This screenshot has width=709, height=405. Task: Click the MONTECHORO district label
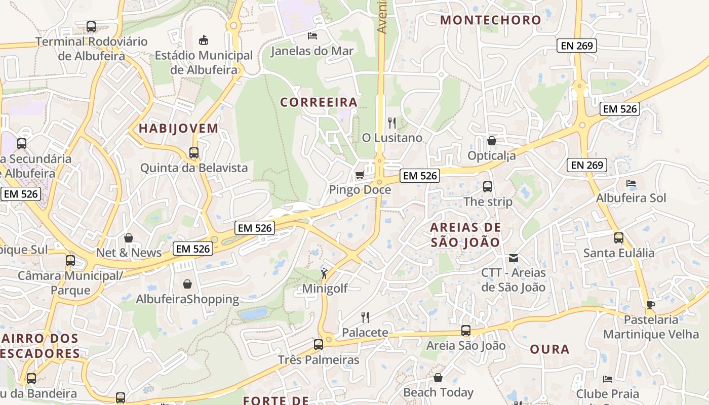click(490, 20)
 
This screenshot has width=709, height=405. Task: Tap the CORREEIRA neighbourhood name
click(319, 102)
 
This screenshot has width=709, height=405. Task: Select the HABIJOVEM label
click(179, 129)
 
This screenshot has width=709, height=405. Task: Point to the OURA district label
click(549, 349)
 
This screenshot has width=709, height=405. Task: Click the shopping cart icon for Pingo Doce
click(360, 175)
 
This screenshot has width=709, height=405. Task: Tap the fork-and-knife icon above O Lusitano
click(391, 123)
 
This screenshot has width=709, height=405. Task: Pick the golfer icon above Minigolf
click(324, 274)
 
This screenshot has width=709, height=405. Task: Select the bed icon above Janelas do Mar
click(312, 36)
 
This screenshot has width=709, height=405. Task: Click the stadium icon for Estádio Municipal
click(204, 40)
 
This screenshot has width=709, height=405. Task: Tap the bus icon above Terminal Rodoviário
click(91, 27)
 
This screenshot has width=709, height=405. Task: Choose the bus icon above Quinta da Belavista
click(193, 152)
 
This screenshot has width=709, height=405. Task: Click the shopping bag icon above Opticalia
click(491, 141)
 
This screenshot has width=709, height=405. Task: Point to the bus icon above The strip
click(488, 187)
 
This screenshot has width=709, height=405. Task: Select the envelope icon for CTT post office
click(514, 258)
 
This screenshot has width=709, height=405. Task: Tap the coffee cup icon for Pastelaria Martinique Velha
click(650, 305)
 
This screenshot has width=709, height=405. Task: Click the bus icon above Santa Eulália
click(618, 238)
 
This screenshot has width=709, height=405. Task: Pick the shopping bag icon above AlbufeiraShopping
click(187, 285)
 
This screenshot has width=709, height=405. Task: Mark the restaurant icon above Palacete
click(365, 317)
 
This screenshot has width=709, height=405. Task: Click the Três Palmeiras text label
click(319, 360)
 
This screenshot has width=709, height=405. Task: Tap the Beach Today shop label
click(438, 392)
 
